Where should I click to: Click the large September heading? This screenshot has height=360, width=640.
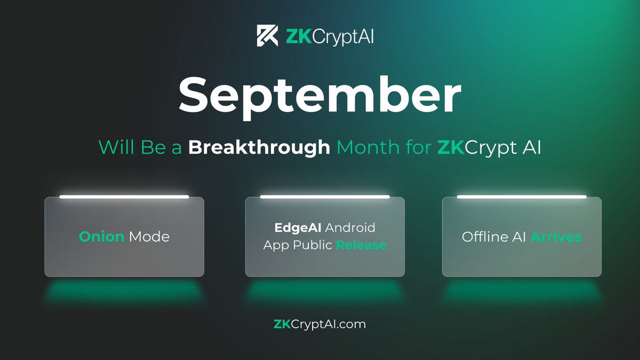tap(319, 94)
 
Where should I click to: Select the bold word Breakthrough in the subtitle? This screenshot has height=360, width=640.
tap(259, 147)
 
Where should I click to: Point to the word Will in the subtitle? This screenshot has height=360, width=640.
tap(113, 147)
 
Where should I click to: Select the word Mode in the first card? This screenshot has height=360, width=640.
tap(148, 236)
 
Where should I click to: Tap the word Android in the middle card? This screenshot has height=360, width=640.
tap(350, 228)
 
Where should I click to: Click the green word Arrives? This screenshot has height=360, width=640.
tap(556, 236)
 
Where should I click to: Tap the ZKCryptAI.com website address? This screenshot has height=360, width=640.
tap(319, 324)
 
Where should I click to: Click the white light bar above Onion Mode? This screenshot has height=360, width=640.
tap(124, 197)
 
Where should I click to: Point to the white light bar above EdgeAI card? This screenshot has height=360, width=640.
tap(324, 197)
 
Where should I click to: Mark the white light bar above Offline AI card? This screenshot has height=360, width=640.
tap(522, 197)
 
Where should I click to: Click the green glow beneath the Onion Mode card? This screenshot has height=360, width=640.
tap(124, 292)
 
